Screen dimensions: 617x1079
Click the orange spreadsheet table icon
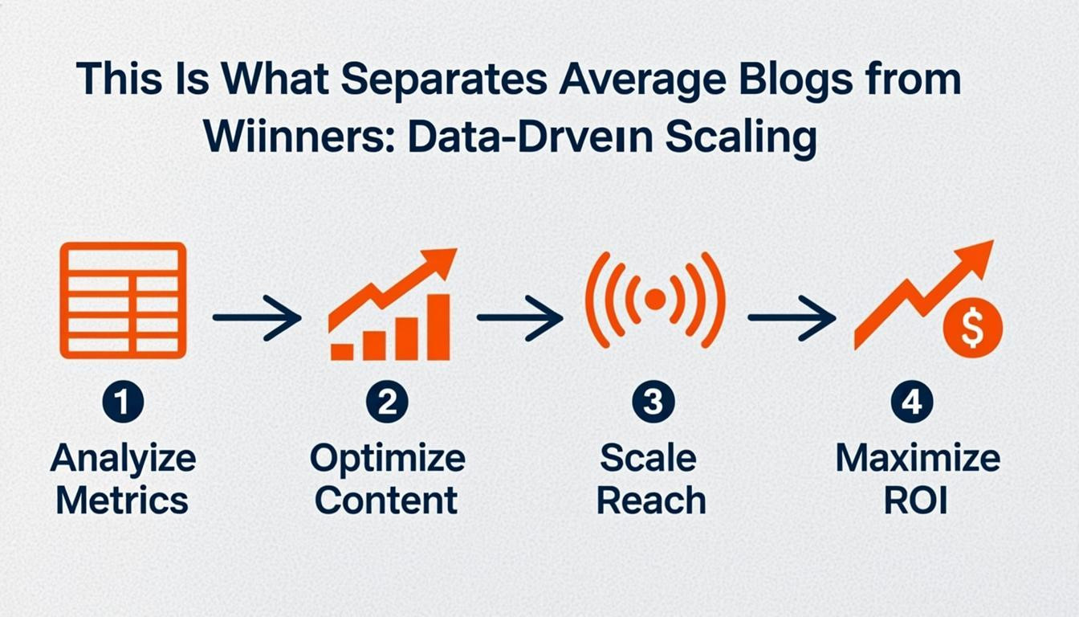(x=123, y=300)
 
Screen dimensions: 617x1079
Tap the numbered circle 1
(x=123, y=402)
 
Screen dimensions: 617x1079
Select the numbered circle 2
(x=387, y=402)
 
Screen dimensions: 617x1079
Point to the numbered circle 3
(x=652, y=402)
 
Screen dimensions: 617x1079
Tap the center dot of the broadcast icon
(x=655, y=300)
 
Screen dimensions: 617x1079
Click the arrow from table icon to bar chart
(x=257, y=318)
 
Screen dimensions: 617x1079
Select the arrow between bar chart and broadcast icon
(x=520, y=318)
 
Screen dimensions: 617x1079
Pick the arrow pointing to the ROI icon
(x=792, y=318)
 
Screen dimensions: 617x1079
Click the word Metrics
(x=123, y=501)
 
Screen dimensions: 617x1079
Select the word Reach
(x=651, y=501)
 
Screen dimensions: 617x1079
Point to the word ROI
(x=915, y=501)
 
